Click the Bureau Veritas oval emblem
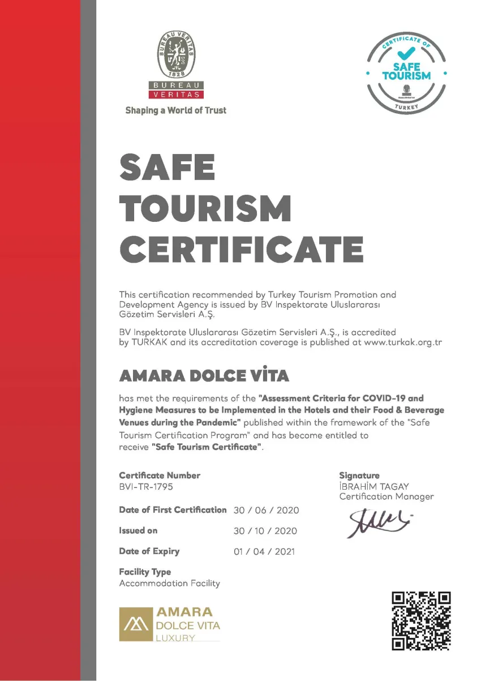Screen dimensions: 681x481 (x=175, y=55)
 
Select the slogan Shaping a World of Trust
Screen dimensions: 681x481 (x=175, y=110)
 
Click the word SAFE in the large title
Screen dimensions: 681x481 (x=168, y=168)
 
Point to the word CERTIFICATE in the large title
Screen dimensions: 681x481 (x=242, y=249)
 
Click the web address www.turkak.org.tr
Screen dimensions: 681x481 (x=402, y=343)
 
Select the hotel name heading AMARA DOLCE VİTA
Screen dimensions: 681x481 (x=204, y=376)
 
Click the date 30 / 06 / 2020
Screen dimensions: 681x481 (x=266, y=510)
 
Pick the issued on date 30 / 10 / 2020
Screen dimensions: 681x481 (x=265, y=531)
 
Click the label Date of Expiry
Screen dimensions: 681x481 (x=149, y=551)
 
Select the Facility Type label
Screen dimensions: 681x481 (x=145, y=572)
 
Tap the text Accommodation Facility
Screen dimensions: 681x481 (x=169, y=583)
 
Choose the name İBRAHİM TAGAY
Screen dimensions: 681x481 (x=373, y=486)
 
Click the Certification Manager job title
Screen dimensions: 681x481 (x=386, y=496)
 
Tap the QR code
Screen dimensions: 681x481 (x=422, y=620)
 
